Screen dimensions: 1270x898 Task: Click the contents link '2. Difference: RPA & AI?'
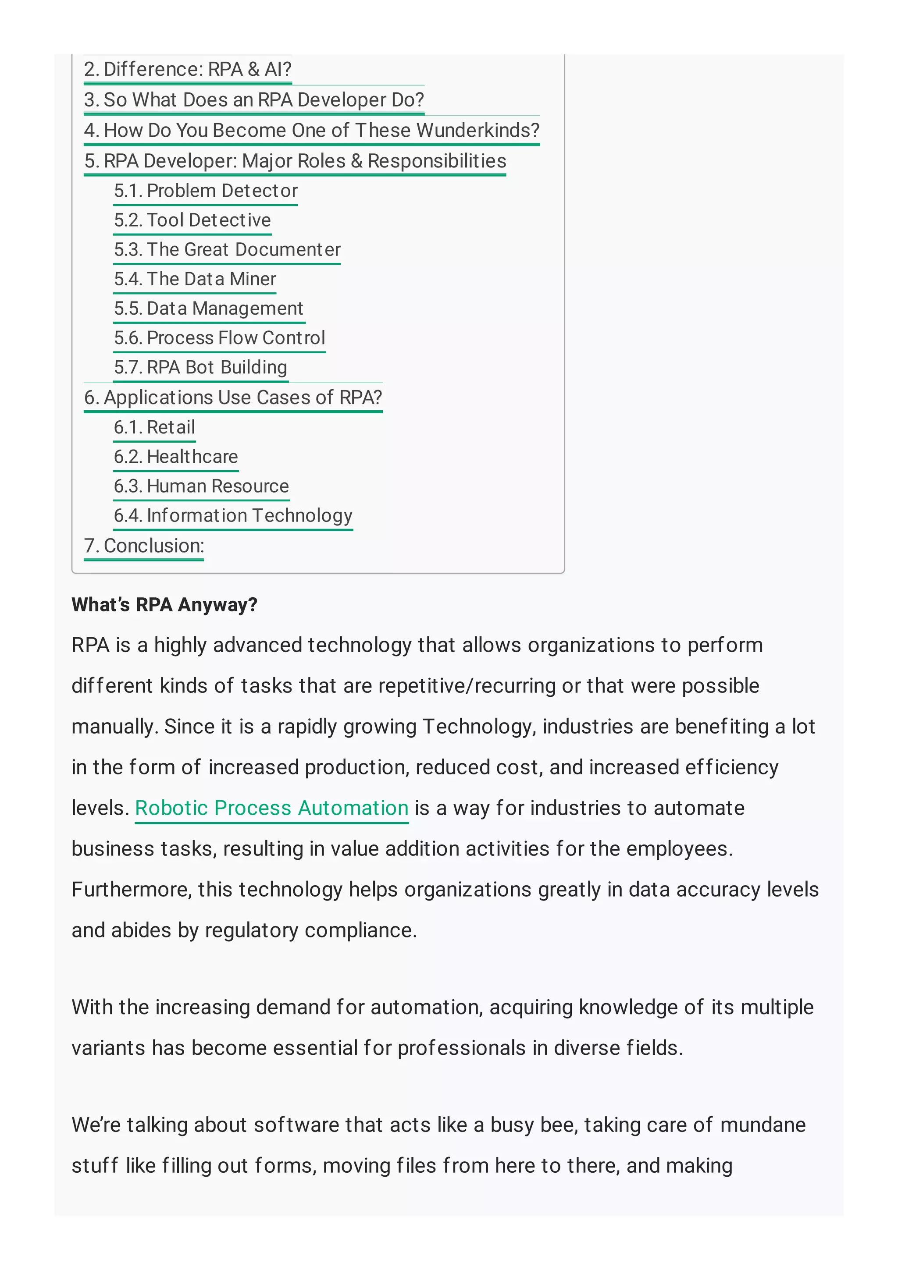pyautogui.click(x=187, y=70)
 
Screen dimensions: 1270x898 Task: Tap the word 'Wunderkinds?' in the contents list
pyautogui.click(x=478, y=131)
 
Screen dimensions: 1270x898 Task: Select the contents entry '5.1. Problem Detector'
pyautogui.click(x=205, y=191)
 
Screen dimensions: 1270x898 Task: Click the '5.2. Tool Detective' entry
pyautogui.click(x=192, y=220)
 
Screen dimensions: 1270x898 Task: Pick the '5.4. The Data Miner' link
pyautogui.click(x=195, y=279)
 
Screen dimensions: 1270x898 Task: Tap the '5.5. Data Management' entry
pyautogui.click(x=209, y=308)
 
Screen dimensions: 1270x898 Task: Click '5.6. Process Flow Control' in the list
pyautogui.click(x=219, y=338)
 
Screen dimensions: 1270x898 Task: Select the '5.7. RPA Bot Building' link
pyautogui.click(x=200, y=367)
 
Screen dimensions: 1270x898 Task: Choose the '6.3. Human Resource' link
pyautogui.click(x=201, y=486)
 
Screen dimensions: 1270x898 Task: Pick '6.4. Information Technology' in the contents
pyautogui.click(x=232, y=515)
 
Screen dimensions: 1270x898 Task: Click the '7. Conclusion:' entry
pyautogui.click(x=144, y=546)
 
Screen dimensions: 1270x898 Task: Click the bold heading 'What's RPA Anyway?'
pyautogui.click(x=164, y=605)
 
